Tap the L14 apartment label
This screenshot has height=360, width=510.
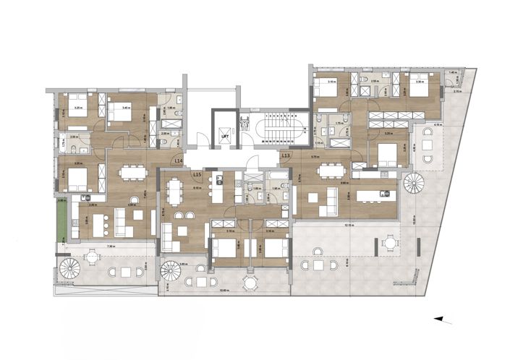(178, 162)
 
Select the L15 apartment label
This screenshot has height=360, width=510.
(196, 174)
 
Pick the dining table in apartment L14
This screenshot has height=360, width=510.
(131, 173)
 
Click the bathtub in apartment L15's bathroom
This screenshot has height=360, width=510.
(278, 176)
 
